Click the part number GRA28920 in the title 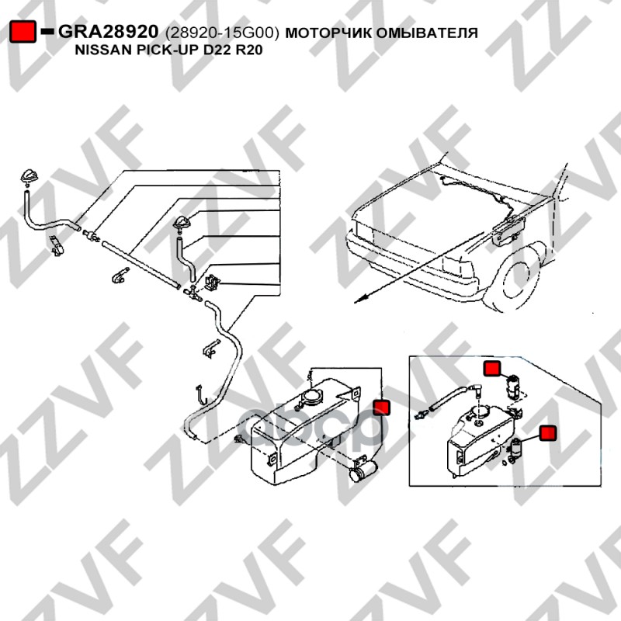[x=108, y=32]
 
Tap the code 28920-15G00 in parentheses [x=222, y=33]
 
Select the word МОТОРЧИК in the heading [x=328, y=33]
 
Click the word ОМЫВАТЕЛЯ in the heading [x=427, y=33]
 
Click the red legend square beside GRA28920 [x=23, y=32]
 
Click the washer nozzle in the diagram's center [x=182, y=224]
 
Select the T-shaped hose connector [x=193, y=293]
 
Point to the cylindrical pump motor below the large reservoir [x=363, y=470]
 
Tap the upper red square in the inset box [x=492, y=369]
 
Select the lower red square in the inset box [x=548, y=433]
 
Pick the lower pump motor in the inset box [x=515, y=449]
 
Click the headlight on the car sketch [x=460, y=267]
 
